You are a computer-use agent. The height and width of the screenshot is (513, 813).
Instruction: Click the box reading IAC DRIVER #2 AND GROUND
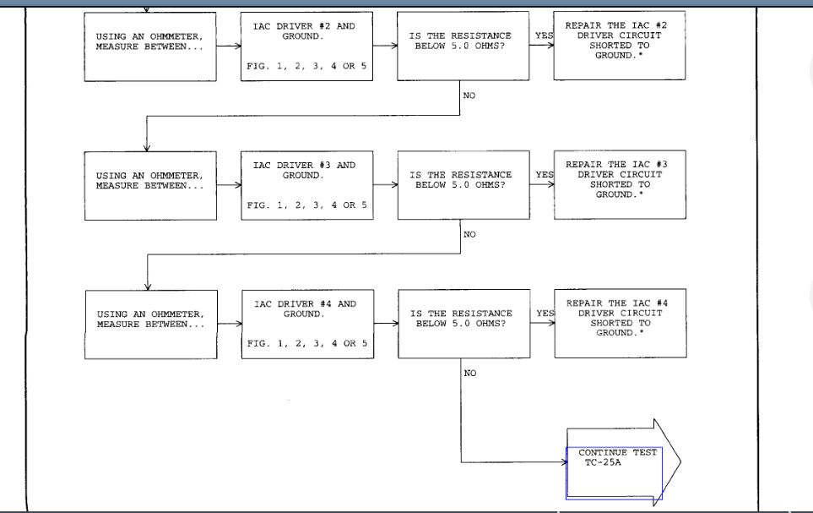pyautogui.click(x=307, y=46)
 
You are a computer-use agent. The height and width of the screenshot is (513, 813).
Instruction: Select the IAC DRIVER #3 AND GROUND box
pyautogui.click(x=307, y=185)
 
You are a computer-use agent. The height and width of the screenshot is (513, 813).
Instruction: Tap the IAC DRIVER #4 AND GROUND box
pyautogui.click(x=307, y=324)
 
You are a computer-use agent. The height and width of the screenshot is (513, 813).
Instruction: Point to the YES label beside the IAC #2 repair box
pyautogui.click(x=544, y=35)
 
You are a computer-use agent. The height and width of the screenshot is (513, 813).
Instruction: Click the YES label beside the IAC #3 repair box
pyautogui.click(x=545, y=175)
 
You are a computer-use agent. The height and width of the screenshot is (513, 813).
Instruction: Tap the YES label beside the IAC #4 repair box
pyautogui.click(x=545, y=314)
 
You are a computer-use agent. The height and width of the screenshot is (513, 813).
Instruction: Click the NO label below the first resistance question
pyautogui.click(x=469, y=96)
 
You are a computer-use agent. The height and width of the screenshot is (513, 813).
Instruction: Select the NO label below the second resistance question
pyautogui.click(x=469, y=235)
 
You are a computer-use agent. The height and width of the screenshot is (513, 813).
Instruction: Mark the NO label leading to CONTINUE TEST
pyautogui.click(x=469, y=374)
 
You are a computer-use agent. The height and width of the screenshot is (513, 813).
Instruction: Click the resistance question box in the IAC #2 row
pyautogui.click(x=463, y=46)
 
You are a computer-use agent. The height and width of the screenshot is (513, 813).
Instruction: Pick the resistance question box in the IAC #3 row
pyautogui.click(x=463, y=185)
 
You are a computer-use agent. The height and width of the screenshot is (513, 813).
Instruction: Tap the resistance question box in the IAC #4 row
pyautogui.click(x=463, y=324)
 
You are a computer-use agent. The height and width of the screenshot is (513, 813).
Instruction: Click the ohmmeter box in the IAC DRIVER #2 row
pyautogui.click(x=150, y=46)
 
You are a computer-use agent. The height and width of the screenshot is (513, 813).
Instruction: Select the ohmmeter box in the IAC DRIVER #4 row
pyautogui.click(x=150, y=324)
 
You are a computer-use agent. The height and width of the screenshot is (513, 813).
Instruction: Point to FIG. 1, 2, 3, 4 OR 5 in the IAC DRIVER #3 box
pyautogui.click(x=307, y=205)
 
